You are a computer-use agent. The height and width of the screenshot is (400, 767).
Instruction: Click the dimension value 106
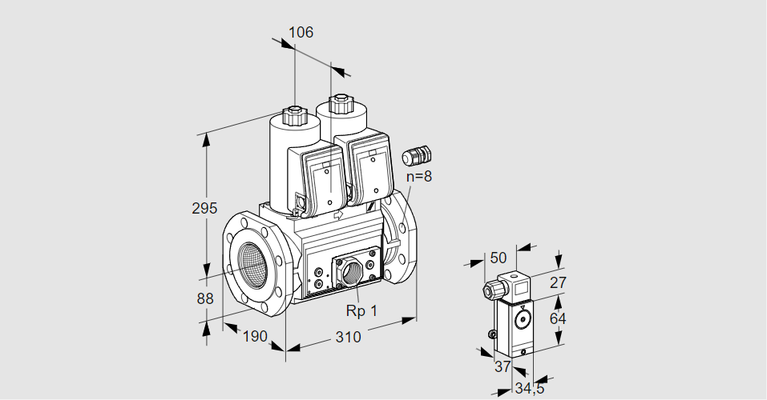click(x=301, y=33)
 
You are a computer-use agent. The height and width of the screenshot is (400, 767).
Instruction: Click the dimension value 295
click(x=204, y=209)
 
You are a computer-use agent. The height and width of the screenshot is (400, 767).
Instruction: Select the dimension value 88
click(x=204, y=298)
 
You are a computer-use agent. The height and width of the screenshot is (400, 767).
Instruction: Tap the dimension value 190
click(x=254, y=337)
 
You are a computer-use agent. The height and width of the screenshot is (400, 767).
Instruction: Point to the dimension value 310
click(x=348, y=337)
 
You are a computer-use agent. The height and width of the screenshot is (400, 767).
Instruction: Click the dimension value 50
click(x=499, y=258)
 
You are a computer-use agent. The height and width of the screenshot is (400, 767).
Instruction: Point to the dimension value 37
click(x=502, y=366)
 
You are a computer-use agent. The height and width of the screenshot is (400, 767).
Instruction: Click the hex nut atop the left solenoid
click(x=294, y=114)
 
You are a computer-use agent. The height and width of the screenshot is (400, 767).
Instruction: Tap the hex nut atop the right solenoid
click(x=340, y=102)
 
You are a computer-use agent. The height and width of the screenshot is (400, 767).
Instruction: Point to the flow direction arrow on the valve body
click(x=337, y=214)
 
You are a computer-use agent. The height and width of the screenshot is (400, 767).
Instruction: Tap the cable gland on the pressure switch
click(x=488, y=290)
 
